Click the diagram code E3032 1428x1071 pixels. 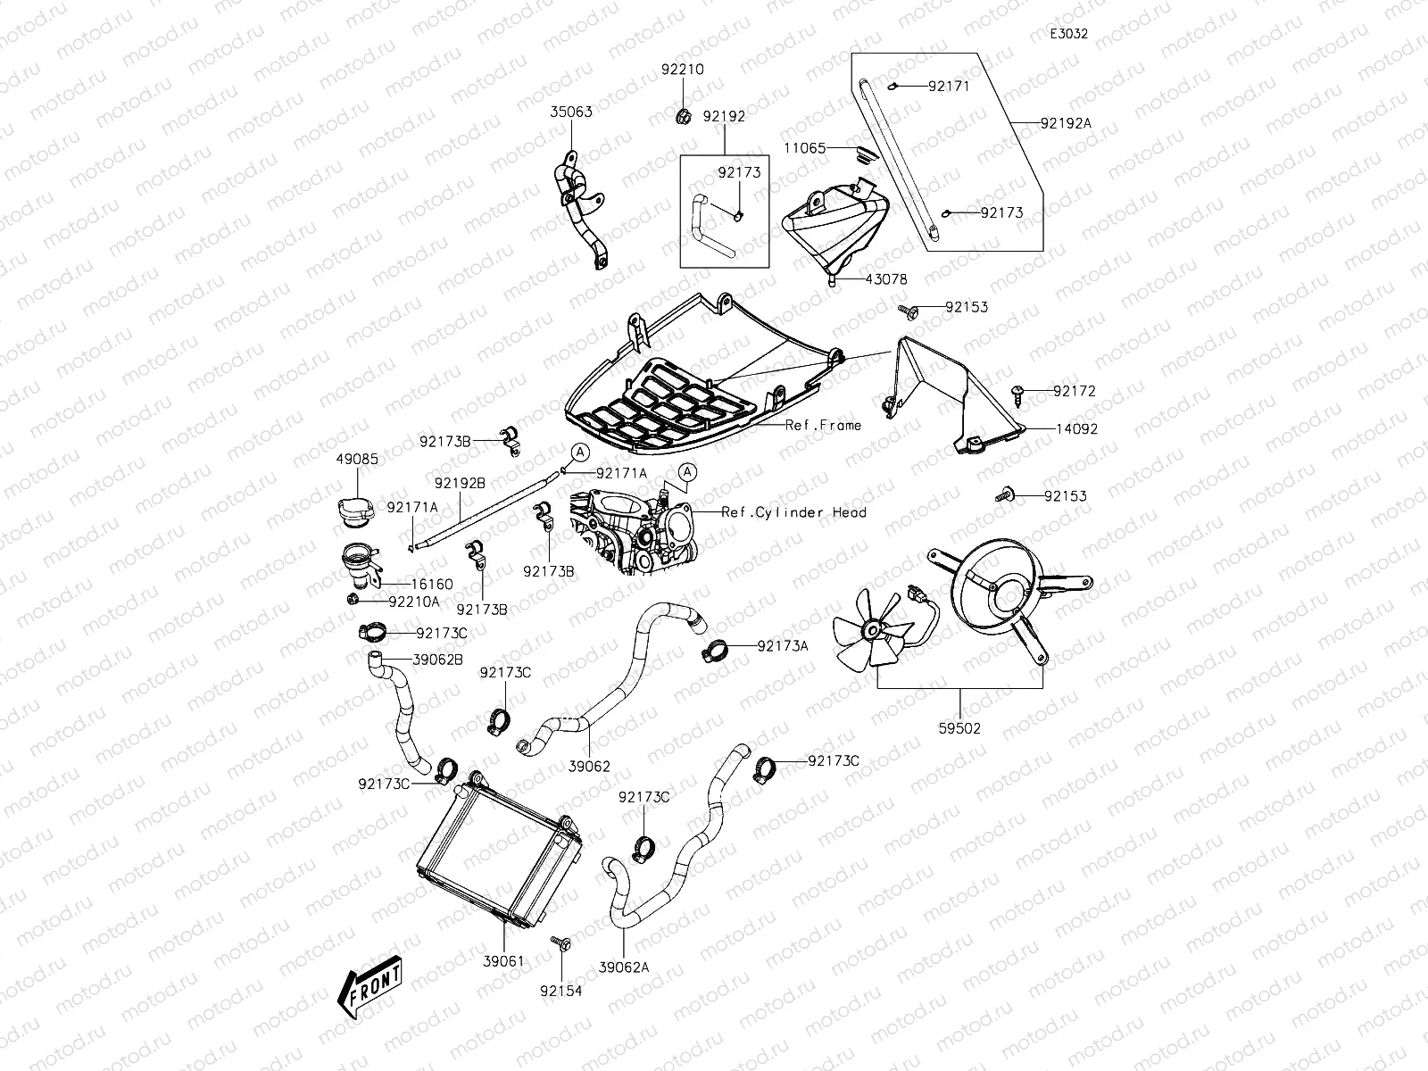coord(1068,34)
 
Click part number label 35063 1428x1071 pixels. coord(570,112)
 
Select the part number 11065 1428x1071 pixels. coord(805,147)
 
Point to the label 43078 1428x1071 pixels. coord(885,279)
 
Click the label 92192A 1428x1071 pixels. coord(1065,124)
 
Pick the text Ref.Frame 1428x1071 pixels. coord(823,425)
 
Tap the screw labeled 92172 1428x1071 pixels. coord(1017,390)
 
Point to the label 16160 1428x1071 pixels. coord(431,584)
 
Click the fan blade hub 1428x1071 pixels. coord(867,630)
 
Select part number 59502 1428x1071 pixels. coord(960,727)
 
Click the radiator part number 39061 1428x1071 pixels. coord(504,961)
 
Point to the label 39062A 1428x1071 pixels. coord(624,967)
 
